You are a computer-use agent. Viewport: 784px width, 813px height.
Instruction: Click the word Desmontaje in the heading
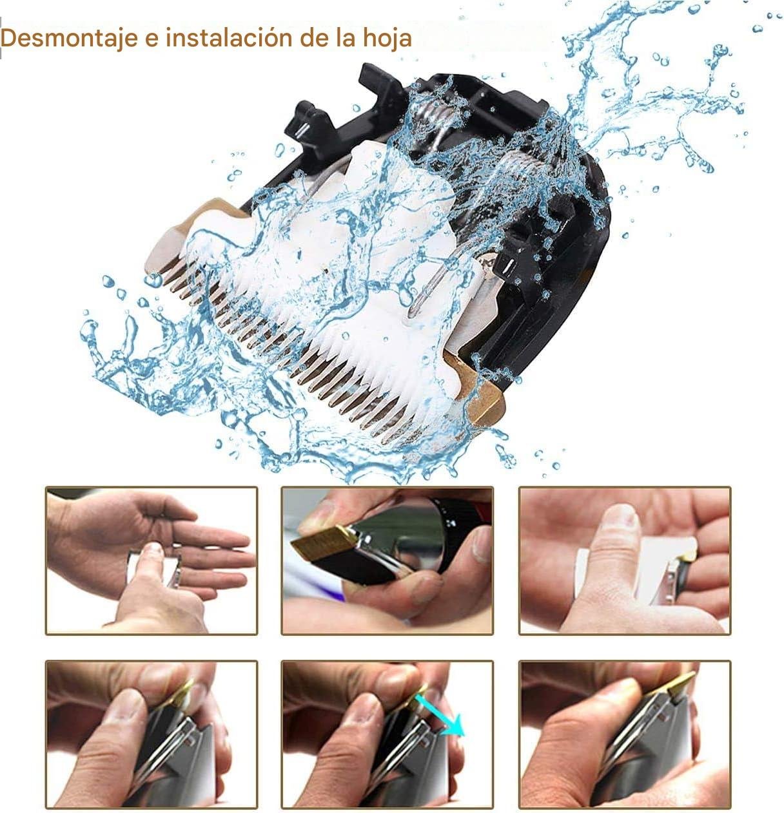point(70,39)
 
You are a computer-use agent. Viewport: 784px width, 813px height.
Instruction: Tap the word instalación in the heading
point(229,38)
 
